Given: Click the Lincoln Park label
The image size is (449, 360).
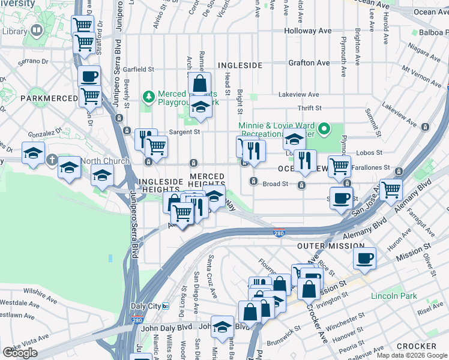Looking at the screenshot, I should pyautogui.click(x=393, y=296).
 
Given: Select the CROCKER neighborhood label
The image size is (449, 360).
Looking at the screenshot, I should pyautogui.click(x=416, y=346).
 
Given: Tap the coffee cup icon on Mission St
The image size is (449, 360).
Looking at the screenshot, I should pyautogui.click(x=364, y=259).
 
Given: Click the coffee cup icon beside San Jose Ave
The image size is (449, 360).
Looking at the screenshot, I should pyautogui.click(x=342, y=199).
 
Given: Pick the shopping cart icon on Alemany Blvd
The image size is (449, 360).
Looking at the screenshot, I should pyautogui.click(x=391, y=190).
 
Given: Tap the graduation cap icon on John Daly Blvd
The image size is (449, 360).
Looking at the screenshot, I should pyautogui.click(x=222, y=327).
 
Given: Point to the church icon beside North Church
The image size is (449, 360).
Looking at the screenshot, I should pyautogui.click(x=52, y=161).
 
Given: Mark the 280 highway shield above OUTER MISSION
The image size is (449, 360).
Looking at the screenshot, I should pyautogui.click(x=280, y=233).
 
